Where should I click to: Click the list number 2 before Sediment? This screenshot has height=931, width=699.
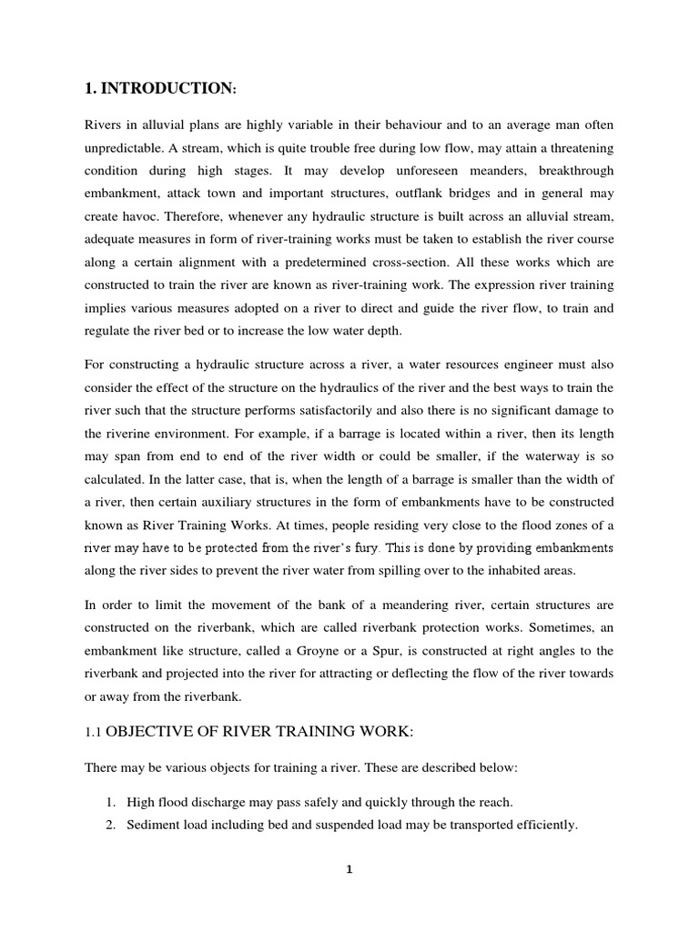pyautogui.click(x=109, y=825)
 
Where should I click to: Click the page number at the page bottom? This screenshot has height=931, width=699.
pyautogui.click(x=349, y=869)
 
